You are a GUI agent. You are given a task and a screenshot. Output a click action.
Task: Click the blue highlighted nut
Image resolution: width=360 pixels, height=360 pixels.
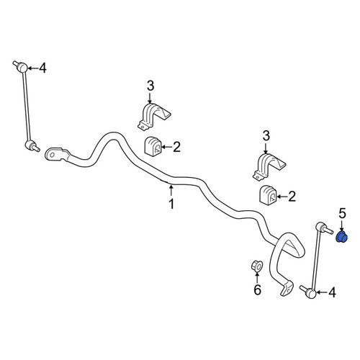342,237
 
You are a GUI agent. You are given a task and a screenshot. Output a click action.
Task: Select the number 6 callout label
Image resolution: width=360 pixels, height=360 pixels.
257,290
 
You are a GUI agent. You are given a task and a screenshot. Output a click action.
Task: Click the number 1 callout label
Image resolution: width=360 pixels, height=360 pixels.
171,204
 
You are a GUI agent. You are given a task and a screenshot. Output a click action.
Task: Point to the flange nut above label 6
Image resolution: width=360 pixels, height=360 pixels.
256,266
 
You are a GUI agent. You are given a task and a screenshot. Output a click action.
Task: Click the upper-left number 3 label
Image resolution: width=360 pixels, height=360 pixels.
150,86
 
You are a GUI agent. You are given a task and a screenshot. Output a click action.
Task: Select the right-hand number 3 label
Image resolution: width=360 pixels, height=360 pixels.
266,136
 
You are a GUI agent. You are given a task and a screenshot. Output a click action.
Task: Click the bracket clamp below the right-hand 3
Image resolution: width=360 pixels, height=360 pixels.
269,167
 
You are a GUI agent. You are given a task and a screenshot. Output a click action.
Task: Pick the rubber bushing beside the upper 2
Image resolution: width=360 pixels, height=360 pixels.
153,146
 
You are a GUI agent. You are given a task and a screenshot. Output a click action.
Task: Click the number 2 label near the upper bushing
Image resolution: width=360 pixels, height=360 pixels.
176,147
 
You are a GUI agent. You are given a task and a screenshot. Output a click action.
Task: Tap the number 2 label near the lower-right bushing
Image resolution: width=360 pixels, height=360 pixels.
292,197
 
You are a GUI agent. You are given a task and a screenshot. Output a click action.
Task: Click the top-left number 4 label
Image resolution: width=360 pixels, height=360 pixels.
42,68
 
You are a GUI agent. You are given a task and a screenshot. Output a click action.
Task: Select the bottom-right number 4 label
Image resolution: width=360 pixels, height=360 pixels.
332,292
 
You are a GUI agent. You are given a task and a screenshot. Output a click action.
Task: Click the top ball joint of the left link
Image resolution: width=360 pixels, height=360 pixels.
22,67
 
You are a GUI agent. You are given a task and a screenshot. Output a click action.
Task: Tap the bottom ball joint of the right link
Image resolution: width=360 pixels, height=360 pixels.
310,293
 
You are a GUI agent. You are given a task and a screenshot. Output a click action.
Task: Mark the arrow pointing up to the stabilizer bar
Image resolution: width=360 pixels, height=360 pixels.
171,191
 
